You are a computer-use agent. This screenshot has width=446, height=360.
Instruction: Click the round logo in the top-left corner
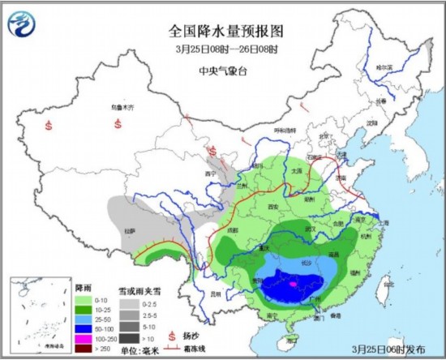22,26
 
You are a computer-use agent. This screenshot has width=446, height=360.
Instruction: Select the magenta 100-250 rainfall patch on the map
293,285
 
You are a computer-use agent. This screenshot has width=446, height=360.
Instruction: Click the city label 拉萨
129,231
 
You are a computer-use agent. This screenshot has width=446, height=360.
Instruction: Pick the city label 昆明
213,294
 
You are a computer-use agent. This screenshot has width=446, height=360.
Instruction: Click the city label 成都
235,230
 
